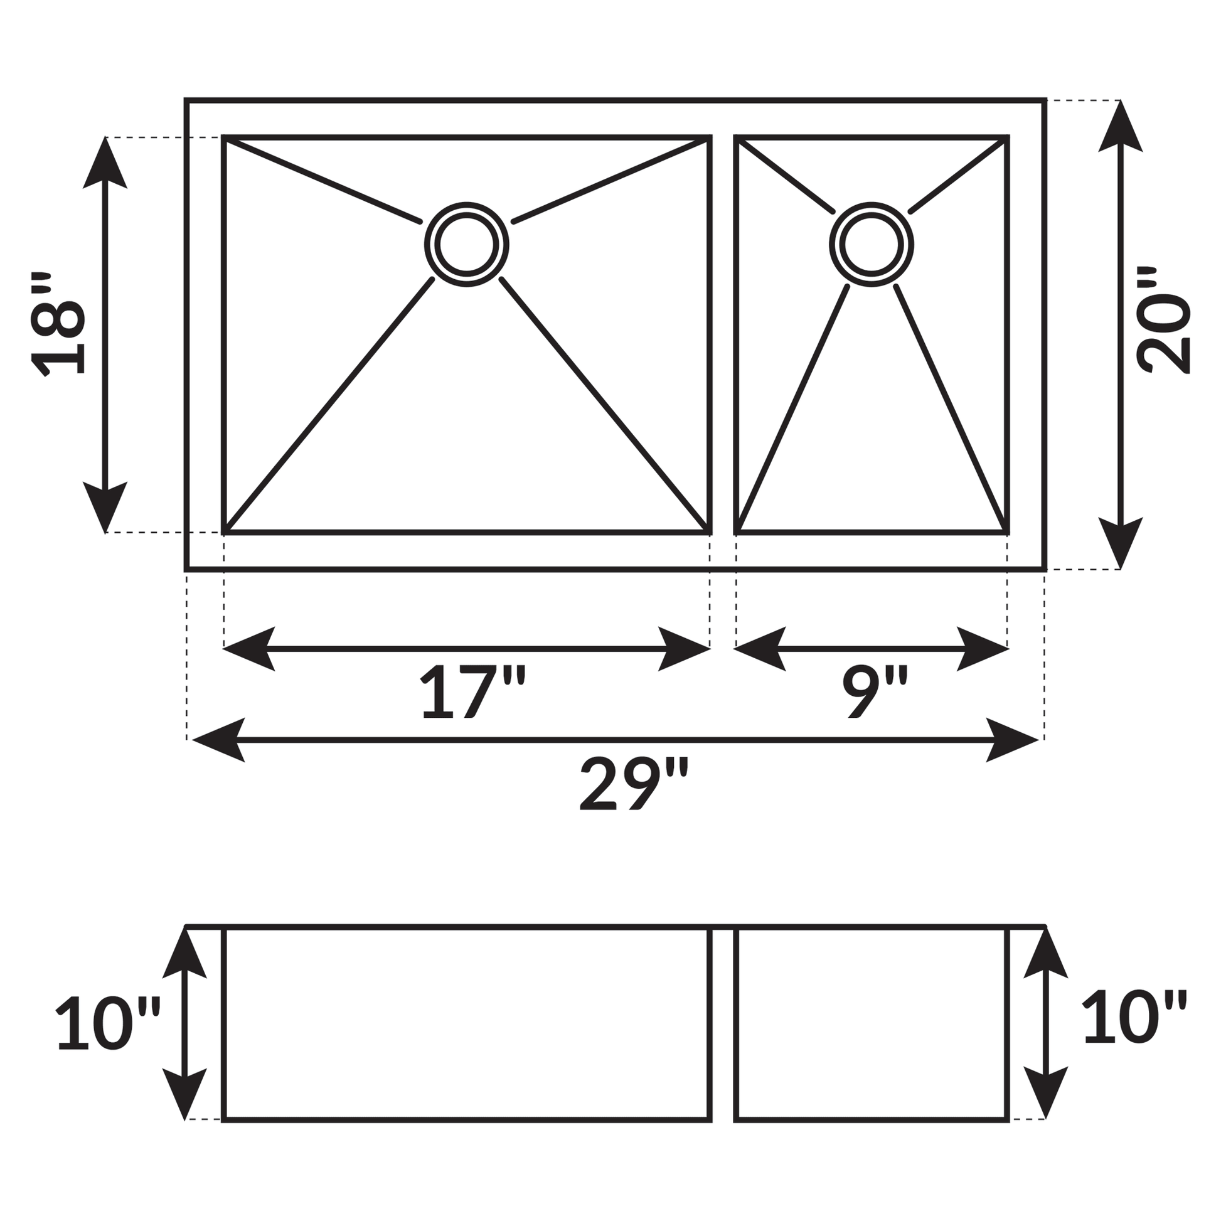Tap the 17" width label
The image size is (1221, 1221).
point(473,692)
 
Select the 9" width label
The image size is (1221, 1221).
point(875,692)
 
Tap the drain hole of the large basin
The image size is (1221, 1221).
point(466,245)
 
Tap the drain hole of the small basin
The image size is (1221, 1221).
point(872,245)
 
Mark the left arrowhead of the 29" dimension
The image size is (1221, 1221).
point(218,740)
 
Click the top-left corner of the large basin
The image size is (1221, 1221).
point(225,137)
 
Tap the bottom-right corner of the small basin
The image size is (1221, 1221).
point(1008,533)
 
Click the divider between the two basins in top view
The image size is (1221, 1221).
point(723,335)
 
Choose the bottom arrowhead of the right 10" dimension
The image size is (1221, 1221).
point(1045,1094)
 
